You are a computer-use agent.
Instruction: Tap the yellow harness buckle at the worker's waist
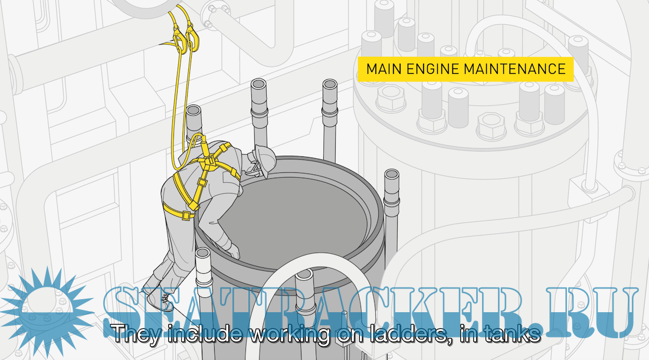pos(186,215)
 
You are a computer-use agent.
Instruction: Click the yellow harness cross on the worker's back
pos(206,163)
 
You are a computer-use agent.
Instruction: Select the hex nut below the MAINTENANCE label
pos(491,125)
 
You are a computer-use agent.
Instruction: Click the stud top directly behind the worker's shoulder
pos(194,112)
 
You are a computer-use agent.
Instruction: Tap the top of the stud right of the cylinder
pos(391,176)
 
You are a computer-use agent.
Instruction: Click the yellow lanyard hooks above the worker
pos(185,37)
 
